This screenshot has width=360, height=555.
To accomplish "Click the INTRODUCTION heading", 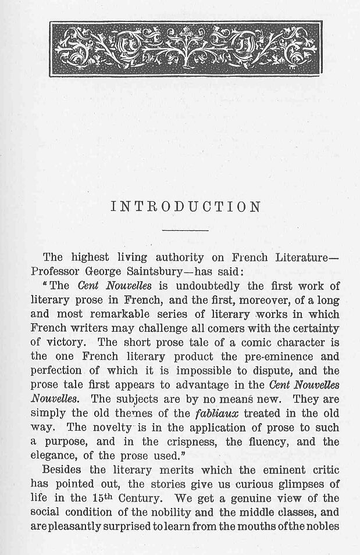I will [x=184, y=207].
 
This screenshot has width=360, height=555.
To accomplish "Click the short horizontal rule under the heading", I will [x=184, y=231].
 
